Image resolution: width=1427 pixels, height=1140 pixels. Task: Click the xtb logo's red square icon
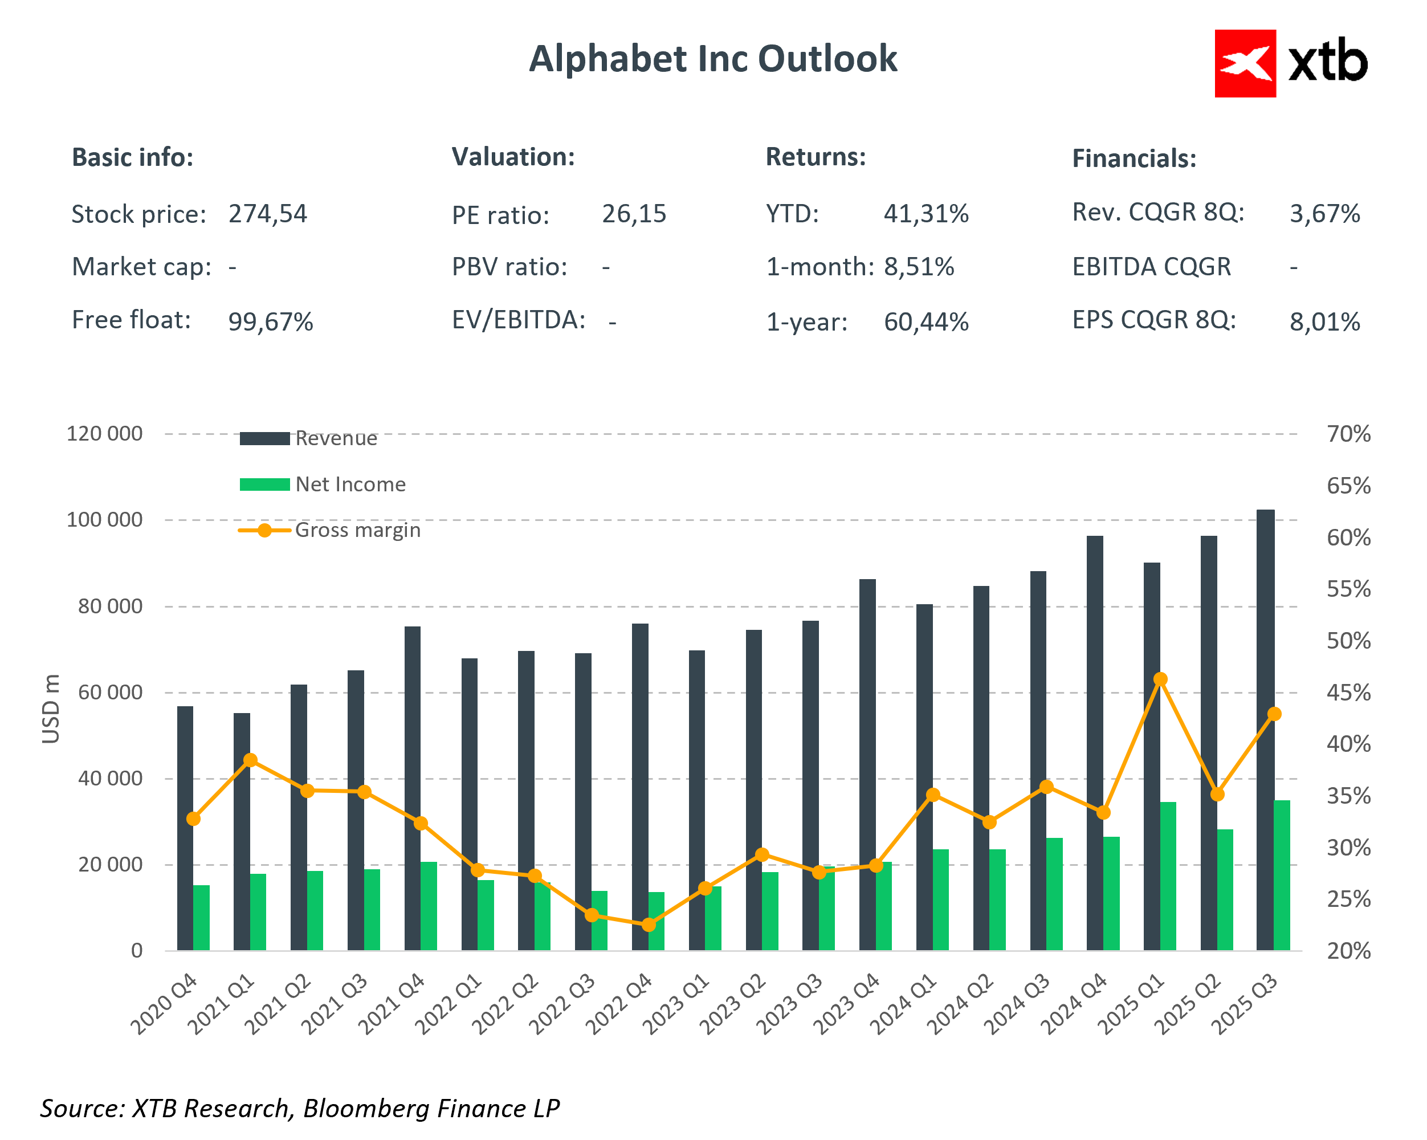tap(1244, 63)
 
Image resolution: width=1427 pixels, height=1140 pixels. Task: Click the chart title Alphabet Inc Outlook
tap(713, 59)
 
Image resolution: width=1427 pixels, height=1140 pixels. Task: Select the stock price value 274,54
tap(267, 214)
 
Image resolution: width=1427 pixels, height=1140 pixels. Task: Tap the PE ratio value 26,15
tap(633, 214)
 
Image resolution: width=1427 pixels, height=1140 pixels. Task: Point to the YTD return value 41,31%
tap(925, 214)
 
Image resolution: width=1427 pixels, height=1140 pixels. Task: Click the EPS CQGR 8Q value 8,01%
tap(1324, 321)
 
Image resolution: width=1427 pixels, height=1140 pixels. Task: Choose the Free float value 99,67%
tap(270, 321)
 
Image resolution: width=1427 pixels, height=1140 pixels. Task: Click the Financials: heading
tap(1134, 159)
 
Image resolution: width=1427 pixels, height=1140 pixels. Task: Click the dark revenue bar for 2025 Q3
tap(1265, 728)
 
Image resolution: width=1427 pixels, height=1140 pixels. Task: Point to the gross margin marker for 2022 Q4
tap(649, 924)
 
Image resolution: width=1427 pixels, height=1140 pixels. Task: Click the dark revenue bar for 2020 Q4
tap(185, 828)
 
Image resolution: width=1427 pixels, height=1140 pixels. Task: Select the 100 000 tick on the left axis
tap(105, 520)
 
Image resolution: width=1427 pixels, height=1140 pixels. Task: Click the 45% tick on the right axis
tap(1348, 693)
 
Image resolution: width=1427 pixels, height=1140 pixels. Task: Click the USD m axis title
tap(51, 709)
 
